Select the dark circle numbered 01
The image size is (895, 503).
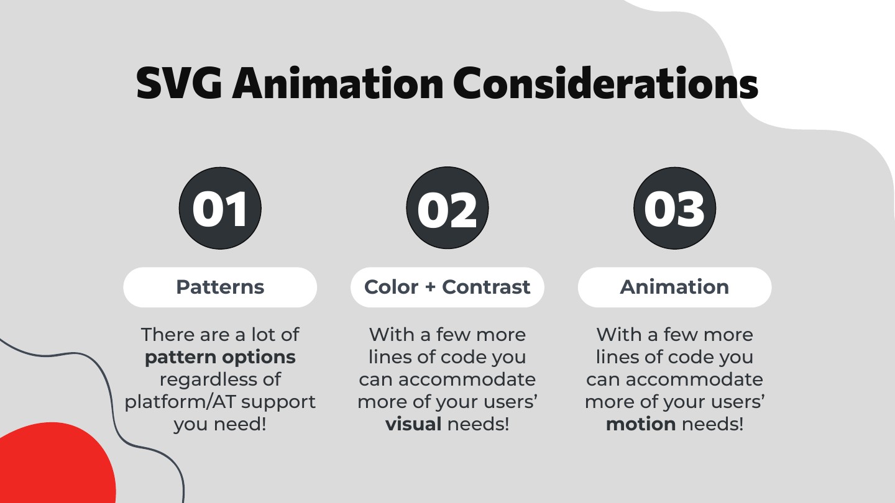(220, 208)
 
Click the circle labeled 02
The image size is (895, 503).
(447, 208)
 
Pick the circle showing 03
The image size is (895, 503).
(675, 208)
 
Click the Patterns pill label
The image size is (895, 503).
(220, 287)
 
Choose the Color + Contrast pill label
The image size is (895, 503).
(447, 287)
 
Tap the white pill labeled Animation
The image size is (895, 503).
(675, 287)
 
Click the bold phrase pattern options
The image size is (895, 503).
(220, 358)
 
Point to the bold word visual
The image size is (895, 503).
(413, 424)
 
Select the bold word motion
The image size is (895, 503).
(641, 424)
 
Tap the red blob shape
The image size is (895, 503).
(56, 463)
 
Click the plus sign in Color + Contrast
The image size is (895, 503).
(430, 288)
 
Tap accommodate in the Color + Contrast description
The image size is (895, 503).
(467, 379)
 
